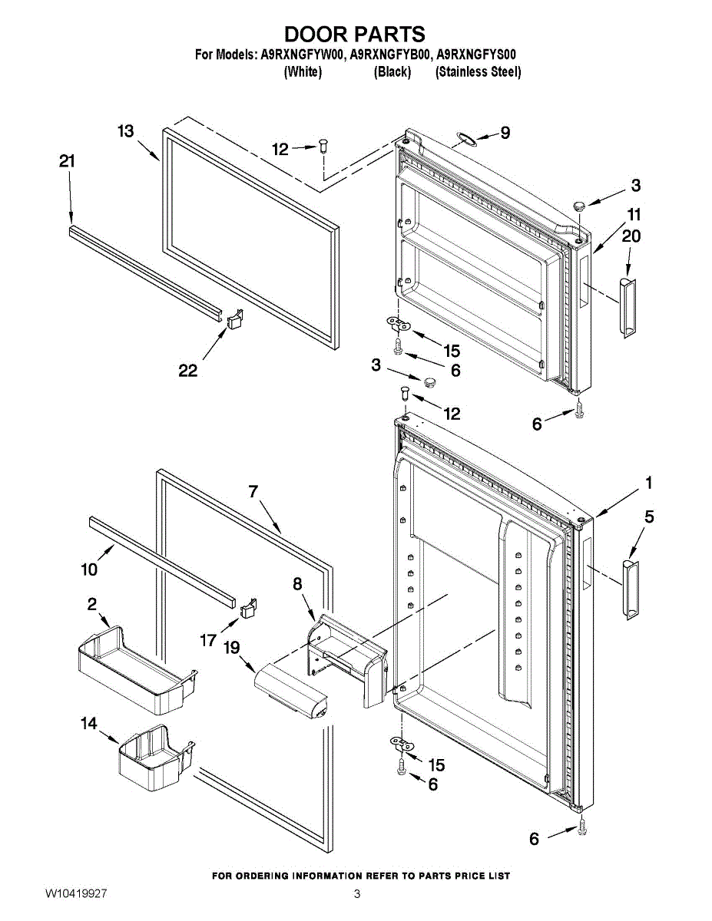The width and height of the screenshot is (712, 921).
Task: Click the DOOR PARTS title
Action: click(355, 35)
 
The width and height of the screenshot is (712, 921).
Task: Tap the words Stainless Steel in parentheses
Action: click(478, 72)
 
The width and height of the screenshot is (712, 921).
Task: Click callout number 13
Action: click(126, 131)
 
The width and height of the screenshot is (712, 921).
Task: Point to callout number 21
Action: click(68, 161)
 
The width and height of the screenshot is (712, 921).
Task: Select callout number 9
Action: click(505, 133)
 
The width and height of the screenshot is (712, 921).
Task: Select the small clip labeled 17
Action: click(247, 608)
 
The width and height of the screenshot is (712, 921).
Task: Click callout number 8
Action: click(297, 583)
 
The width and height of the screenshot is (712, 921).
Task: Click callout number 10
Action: click(90, 569)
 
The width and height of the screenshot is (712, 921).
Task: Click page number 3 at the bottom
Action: click(357, 893)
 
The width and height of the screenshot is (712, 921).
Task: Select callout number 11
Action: click(634, 214)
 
